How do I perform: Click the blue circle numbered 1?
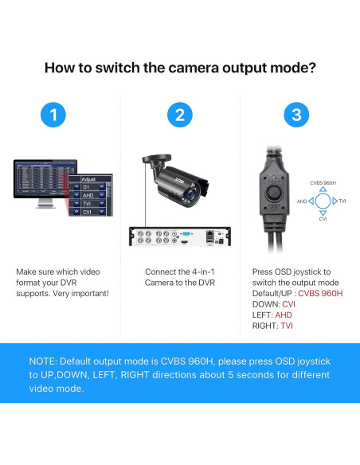click(53, 115)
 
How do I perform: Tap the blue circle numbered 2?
click(179, 115)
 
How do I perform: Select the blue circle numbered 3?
click(296, 115)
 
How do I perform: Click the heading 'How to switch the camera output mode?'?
click(179, 67)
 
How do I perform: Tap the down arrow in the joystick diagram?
click(323, 212)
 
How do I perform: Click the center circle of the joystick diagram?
click(323, 201)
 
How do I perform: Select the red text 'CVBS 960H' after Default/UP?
click(320, 293)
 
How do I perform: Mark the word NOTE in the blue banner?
click(45, 361)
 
